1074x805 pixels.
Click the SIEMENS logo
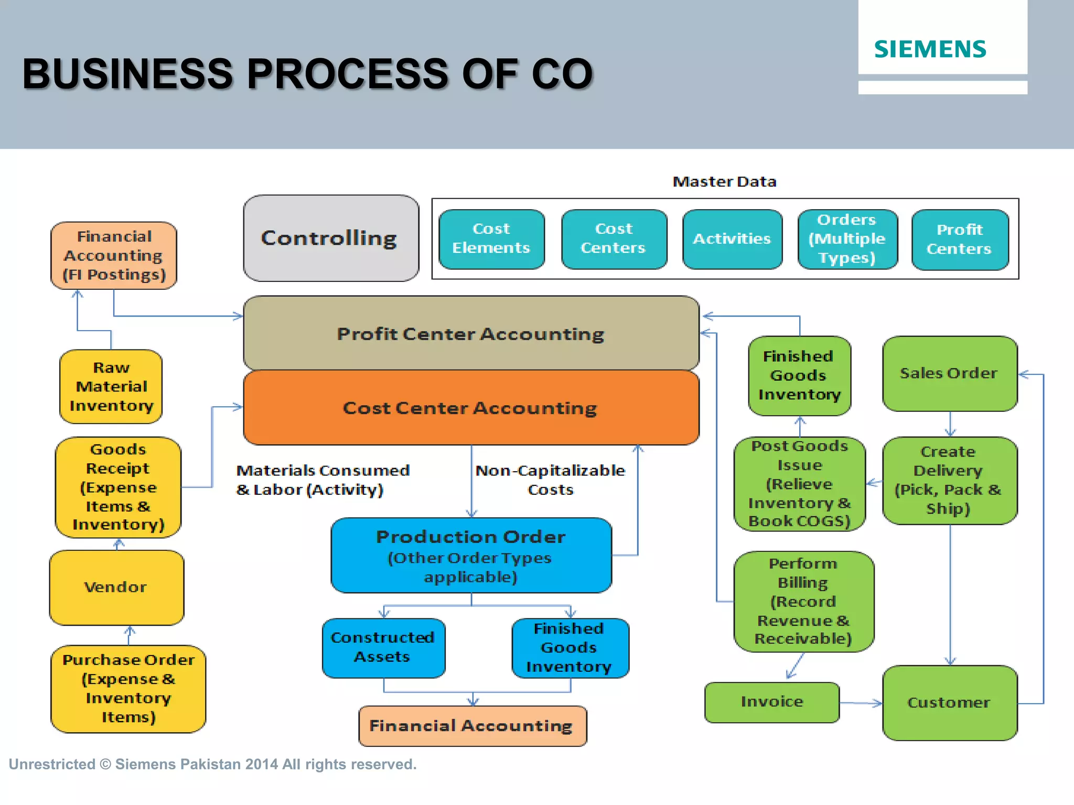930,49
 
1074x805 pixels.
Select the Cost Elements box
491,239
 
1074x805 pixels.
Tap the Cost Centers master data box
614,239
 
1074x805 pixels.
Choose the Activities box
732,239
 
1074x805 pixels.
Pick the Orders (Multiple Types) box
847,239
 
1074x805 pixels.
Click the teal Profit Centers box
959,240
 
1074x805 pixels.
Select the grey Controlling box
330,238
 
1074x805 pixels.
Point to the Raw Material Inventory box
111,387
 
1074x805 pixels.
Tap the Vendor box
116,587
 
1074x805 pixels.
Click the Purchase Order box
128,689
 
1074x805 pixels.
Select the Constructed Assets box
383,648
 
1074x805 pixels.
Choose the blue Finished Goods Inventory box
570,648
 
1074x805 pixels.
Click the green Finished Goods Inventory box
799,376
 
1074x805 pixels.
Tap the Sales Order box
949,374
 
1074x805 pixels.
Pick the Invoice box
772,702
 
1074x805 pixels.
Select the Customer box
949,703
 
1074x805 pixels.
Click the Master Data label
724,182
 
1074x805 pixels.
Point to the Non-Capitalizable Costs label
550,480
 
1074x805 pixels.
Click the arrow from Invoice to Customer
861,703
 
